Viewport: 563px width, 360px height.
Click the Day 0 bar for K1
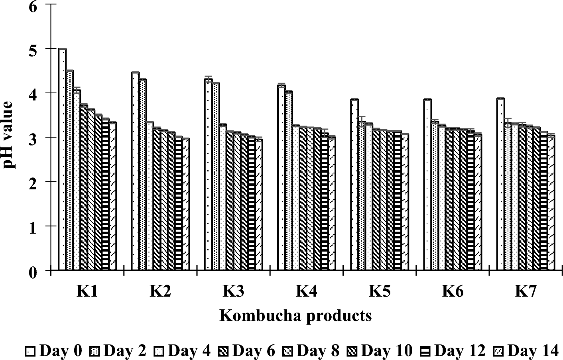[62, 159]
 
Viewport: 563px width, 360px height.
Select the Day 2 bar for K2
[142, 175]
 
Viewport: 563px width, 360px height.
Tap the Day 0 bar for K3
[208, 175]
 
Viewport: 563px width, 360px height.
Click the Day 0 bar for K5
[354, 185]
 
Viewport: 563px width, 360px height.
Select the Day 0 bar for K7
[500, 185]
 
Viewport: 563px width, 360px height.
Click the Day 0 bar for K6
[427, 185]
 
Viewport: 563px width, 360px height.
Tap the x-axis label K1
[87, 292]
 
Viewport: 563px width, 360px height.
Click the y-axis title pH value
[9, 134]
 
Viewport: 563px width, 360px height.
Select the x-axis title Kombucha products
[295, 316]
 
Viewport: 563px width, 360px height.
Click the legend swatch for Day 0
[31, 352]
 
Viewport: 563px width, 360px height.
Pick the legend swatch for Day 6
[224, 352]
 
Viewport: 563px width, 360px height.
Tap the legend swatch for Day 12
[425, 352]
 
